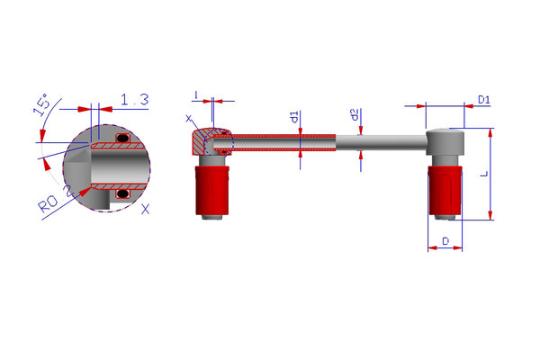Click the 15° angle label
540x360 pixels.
click(x=41, y=104)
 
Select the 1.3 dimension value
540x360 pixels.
click(x=135, y=100)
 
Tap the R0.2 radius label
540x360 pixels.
click(x=56, y=201)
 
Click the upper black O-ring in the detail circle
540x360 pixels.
click(x=122, y=138)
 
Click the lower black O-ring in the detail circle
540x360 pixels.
click(x=122, y=193)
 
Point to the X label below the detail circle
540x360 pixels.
click(x=146, y=209)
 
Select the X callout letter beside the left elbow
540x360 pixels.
click(x=188, y=119)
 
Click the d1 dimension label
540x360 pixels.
click(x=294, y=117)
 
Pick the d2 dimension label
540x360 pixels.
click(x=355, y=114)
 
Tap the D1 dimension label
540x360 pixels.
click(x=484, y=100)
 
